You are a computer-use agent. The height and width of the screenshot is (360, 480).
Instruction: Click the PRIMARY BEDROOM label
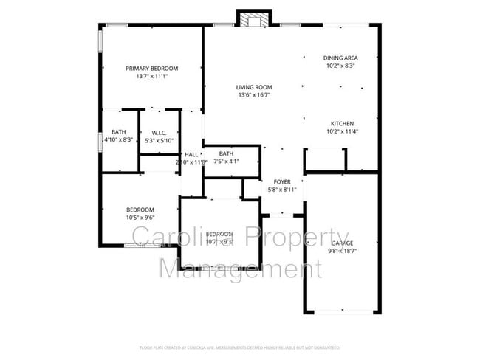point(151,68)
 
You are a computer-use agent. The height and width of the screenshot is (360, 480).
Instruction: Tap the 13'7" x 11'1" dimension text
point(151,76)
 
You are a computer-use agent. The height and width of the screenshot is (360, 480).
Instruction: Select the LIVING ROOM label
point(254,86)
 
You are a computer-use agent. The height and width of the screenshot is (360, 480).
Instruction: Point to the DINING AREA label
point(341,58)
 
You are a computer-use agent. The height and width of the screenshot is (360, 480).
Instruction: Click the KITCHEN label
point(341,123)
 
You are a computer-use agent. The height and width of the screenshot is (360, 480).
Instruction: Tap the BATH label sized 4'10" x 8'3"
point(117,132)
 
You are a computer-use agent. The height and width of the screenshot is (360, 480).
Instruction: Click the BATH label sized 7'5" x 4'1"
point(226,153)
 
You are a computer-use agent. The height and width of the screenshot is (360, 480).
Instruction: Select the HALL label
point(191,154)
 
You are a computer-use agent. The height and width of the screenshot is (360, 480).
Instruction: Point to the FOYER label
point(282,181)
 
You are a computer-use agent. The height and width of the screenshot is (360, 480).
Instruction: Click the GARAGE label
point(341,243)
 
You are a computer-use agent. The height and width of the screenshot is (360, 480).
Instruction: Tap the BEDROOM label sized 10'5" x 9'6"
point(139,209)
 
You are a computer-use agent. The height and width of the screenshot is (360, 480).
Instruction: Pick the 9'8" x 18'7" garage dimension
point(341,251)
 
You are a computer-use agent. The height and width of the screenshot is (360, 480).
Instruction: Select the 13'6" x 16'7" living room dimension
point(254,94)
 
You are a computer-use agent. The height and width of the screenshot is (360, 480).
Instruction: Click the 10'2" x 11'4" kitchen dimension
point(341,131)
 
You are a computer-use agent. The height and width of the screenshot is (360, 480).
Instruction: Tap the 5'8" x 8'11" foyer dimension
point(282,190)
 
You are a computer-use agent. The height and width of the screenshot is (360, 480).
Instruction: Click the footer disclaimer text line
point(240,347)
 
